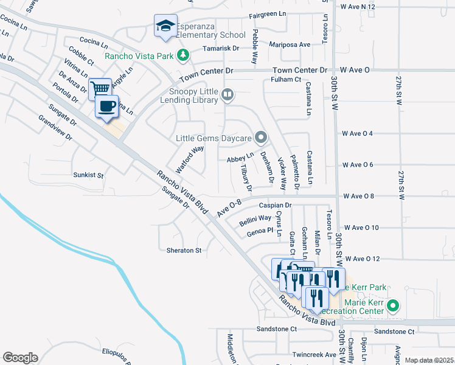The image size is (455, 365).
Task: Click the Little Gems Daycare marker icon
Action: click(x=261, y=137)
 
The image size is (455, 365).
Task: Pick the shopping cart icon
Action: click(x=100, y=88)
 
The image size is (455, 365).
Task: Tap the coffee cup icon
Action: click(x=107, y=105)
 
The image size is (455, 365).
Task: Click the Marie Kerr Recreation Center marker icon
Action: click(x=393, y=306)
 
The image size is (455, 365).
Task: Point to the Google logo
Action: click(x=20, y=358)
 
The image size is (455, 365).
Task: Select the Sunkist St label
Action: click(x=88, y=175)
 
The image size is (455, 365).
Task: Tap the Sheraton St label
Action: click(x=184, y=250)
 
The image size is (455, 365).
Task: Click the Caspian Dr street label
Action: click(x=276, y=206)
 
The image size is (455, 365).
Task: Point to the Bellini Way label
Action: click(x=255, y=220)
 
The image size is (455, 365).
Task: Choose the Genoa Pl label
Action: click(x=261, y=231)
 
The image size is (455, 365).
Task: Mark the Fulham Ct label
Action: click(x=286, y=79)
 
